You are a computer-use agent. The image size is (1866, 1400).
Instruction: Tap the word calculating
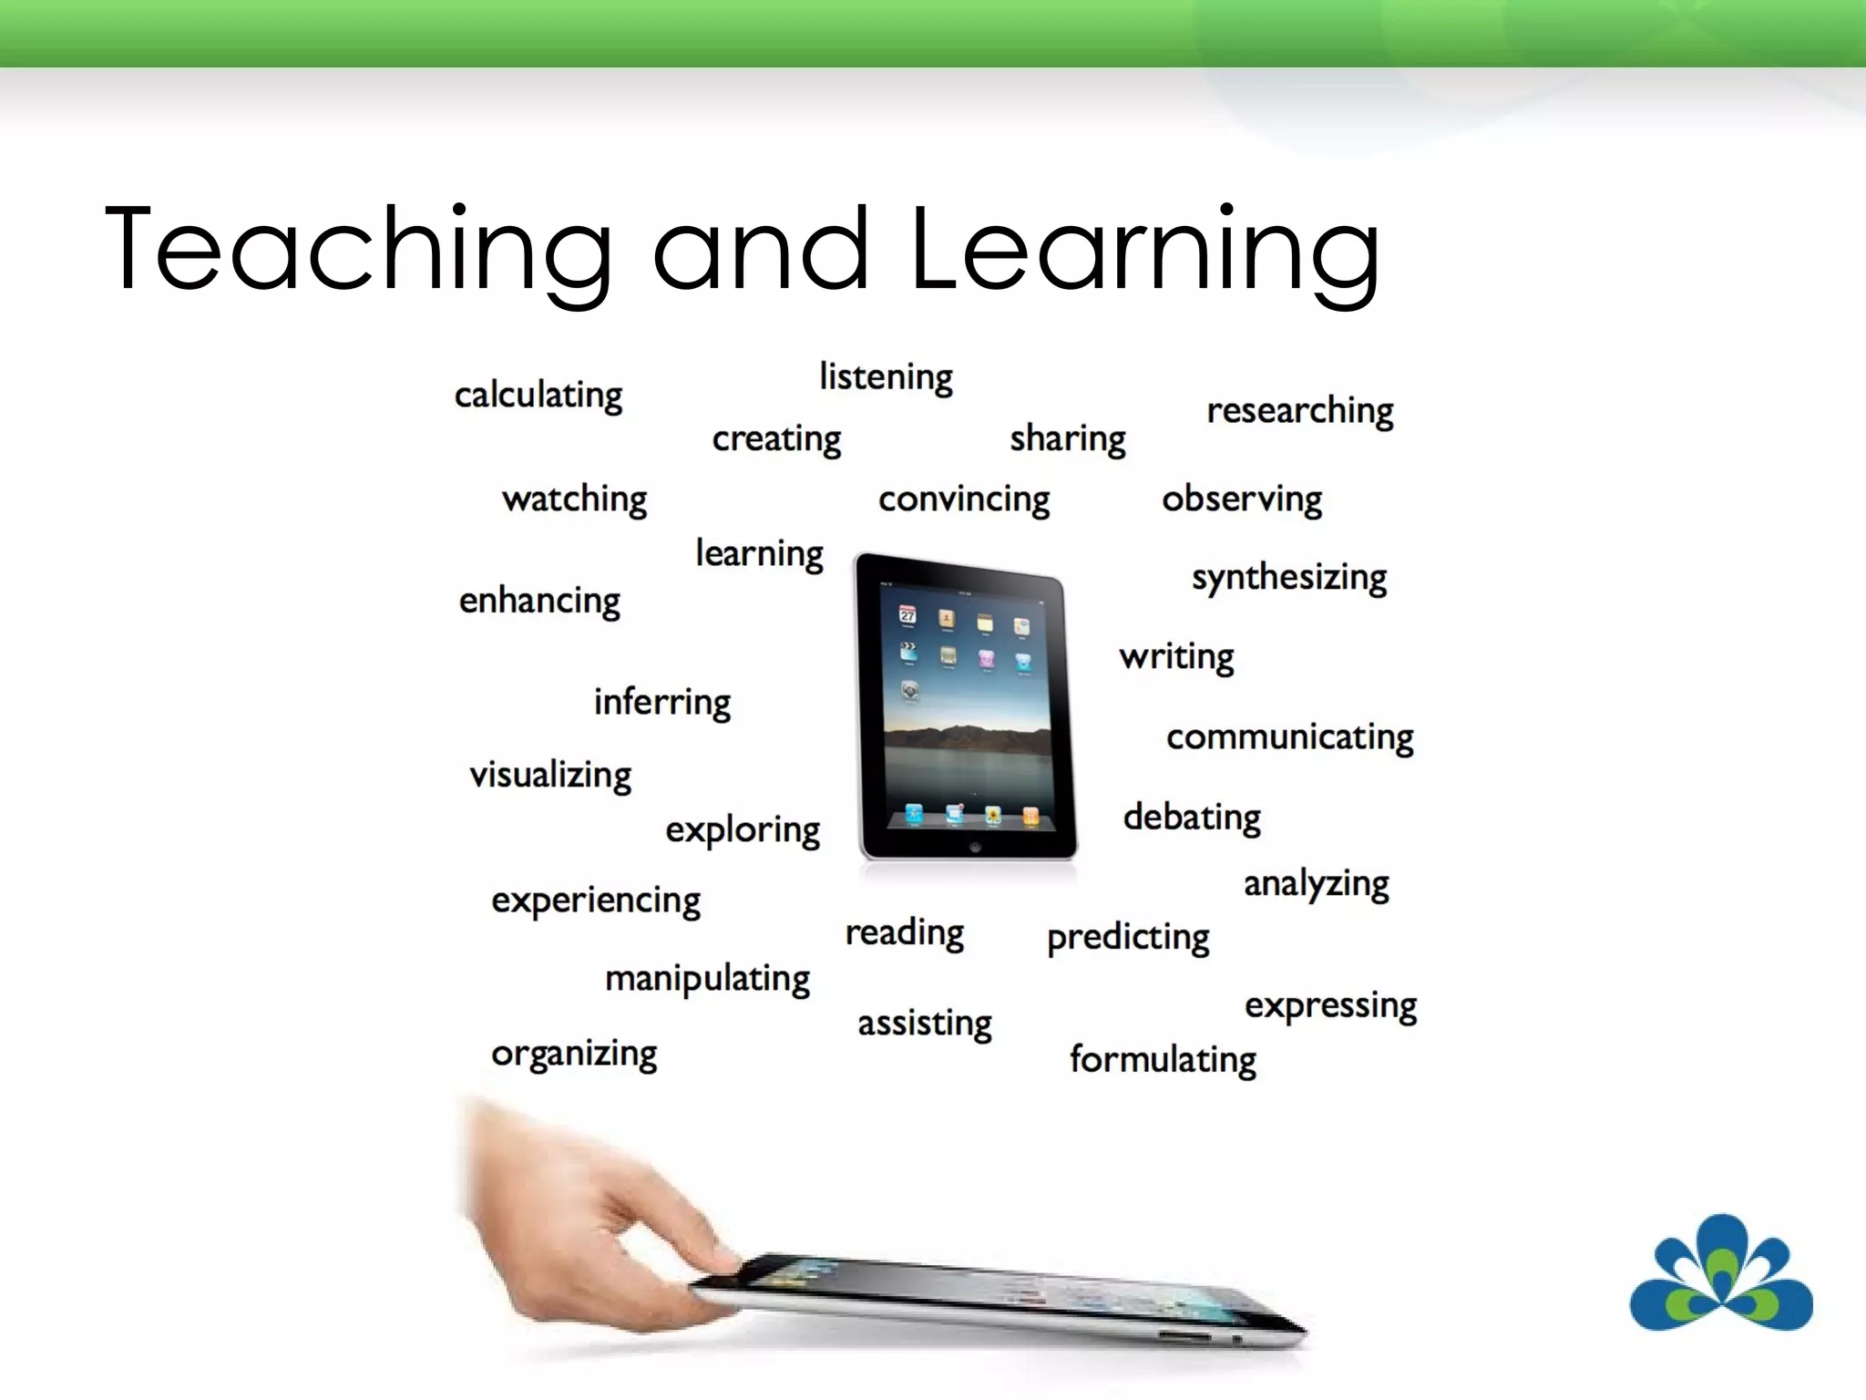[x=538, y=396]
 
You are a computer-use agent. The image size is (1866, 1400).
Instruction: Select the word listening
[x=886, y=377]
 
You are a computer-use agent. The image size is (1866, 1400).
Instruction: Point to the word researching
[x=1300, y=411]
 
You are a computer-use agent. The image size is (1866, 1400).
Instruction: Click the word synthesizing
[x=1289, y=578]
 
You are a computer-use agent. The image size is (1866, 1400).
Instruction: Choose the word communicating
[x=1289, y=737]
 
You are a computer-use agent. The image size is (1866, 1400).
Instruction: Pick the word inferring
[x=662, y=703]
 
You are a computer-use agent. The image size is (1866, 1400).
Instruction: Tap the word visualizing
[x=550, y=776]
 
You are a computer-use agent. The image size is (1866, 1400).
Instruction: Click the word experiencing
[x=596, y=901]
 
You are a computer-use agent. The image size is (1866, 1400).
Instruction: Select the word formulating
[x=1163, y=1060]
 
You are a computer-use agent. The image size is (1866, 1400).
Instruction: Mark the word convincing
[x=964, y=499]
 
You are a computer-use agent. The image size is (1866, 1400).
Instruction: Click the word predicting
[x=1128, y=938]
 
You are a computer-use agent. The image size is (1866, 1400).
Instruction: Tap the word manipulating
[x=707, y=979]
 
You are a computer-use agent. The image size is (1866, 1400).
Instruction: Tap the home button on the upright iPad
[x=975, y=847]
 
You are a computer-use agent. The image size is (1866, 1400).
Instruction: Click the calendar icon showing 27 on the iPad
[x=907, y=615]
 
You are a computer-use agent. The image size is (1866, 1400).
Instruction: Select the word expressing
[x=1330, y=1006]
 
